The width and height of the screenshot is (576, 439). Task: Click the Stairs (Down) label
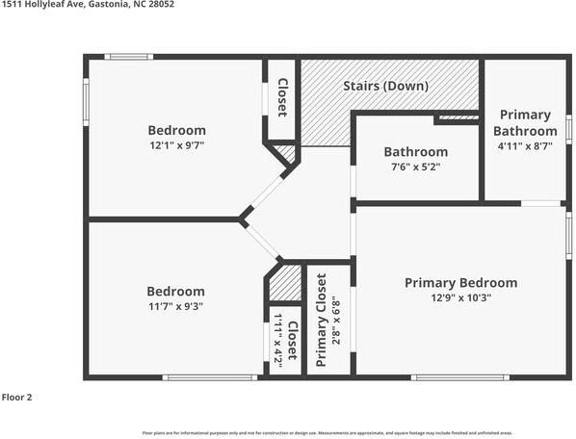(x=385, y=86)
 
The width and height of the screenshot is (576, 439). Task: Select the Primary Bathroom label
(x=525, y=123)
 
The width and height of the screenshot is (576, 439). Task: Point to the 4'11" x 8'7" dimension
(x=525, y=146)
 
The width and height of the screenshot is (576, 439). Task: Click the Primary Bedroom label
(x=460, y=283)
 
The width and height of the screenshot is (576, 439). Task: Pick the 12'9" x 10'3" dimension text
(x=460, y=299)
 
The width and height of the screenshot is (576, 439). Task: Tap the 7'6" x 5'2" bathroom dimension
(x=415, y=168)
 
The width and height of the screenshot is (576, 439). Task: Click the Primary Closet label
(x=322, y=321)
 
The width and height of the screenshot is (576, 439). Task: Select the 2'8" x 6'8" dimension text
(x=335, y=321)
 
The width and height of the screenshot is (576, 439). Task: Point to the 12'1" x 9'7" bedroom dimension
(x=176, y=146)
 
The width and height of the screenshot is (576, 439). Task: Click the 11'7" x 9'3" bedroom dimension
(x=175, y=307)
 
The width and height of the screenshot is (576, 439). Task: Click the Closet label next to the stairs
(x=281, y=96)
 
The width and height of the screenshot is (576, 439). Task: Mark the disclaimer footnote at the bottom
(x=327, y=433)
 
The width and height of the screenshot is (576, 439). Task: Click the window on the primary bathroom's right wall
(x=569, y=128)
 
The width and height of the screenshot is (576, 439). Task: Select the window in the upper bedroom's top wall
(x=128, y=57)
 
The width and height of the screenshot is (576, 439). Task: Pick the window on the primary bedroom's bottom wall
(x=446, y=377)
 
